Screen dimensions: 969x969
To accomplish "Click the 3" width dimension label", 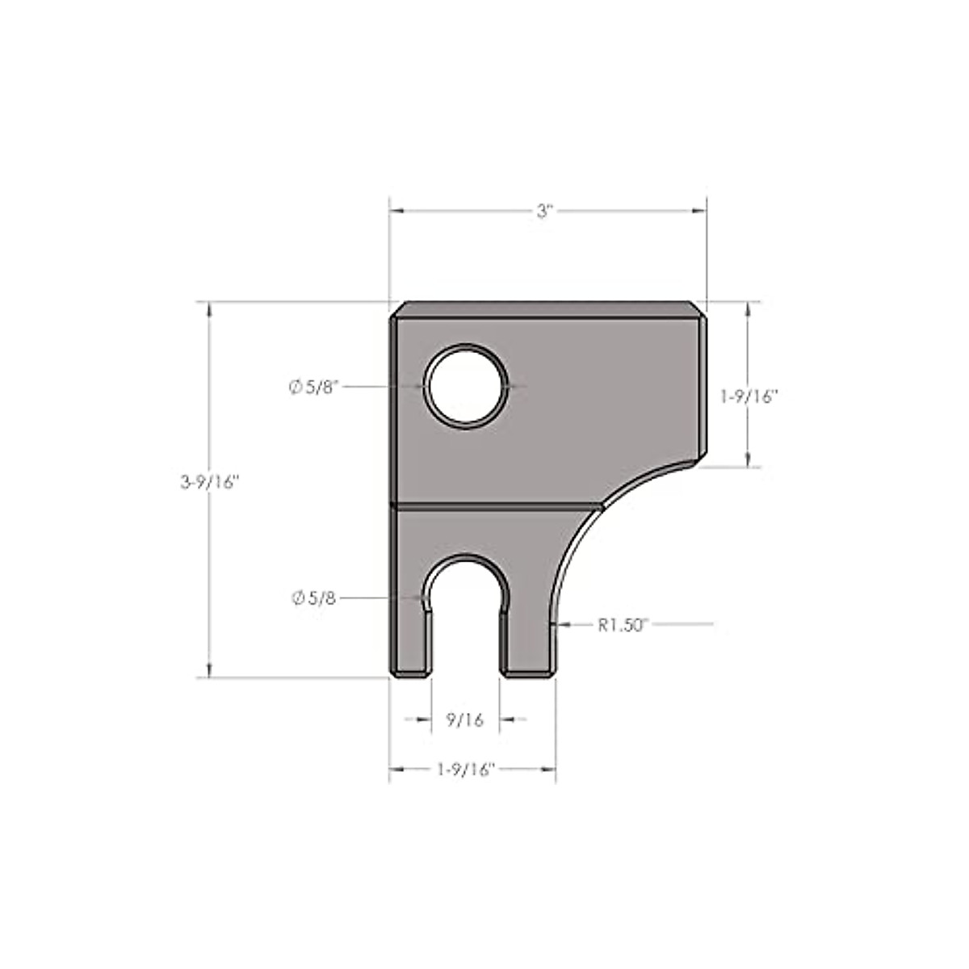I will coord(546,212).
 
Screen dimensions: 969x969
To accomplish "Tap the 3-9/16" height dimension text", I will coord(211,482).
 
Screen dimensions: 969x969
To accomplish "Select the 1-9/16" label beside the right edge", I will coord(749,396).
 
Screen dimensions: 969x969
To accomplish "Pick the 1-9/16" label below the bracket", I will coord(465,770).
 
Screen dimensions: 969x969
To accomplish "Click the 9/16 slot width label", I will coord(464,719).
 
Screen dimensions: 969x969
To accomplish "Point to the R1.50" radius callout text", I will coord(623,624).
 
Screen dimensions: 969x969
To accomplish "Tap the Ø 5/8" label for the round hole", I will coord(317,387).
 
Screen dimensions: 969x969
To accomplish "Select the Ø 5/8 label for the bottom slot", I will coord(314,598).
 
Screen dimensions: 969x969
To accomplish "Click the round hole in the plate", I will coord(468,387).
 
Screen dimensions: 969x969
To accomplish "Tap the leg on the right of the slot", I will coord(528,638).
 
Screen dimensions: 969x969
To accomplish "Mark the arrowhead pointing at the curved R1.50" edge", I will coord(564,624).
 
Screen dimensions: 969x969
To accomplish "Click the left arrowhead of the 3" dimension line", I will coord(396,212).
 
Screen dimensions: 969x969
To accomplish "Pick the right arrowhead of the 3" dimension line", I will coord(700,212).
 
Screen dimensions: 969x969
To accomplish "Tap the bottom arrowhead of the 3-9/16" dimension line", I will coord(211,671).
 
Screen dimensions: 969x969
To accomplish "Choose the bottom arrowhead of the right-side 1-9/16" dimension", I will coord(749,460).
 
